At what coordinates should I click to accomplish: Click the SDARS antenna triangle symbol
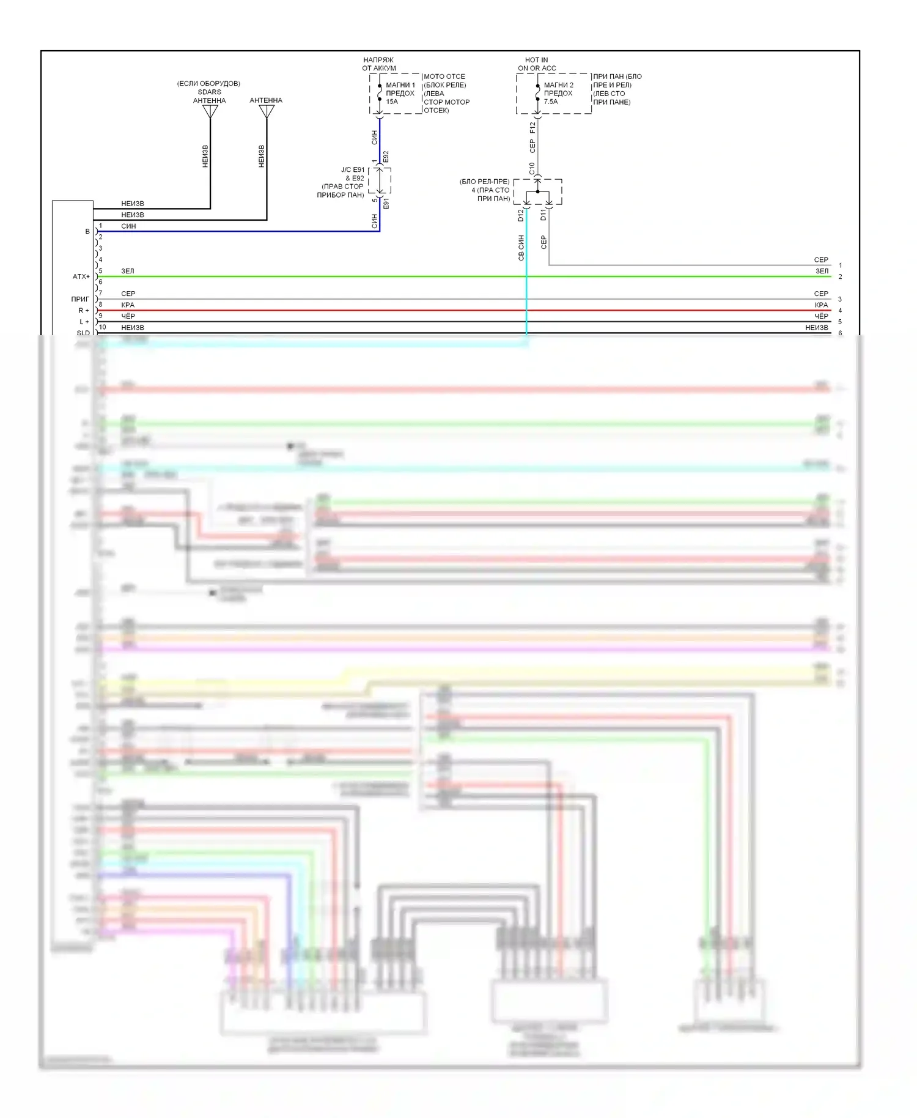tap(210, 111)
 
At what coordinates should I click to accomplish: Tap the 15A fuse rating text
tap(392, 102)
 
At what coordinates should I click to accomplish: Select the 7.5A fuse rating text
tap(551, 102)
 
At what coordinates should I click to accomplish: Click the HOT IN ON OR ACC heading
tap(537, 64)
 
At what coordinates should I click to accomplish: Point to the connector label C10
tap(532, 168)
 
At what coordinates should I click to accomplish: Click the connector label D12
tap(521, 215)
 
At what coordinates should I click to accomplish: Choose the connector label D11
tap(543, 215)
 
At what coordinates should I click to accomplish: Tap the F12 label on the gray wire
tap(532, 127)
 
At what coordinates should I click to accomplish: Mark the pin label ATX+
tap(81, 277)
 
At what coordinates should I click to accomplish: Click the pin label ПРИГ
tap(80, 300)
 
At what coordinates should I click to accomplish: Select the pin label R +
tap(84, 311)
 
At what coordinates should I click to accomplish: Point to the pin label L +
tap(84, 322)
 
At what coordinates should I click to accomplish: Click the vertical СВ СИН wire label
tap(521, 248)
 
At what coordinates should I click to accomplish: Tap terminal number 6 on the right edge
tap(840, 333)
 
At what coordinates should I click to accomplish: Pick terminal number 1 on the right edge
tap(840, 265)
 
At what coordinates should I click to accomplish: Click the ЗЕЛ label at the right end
tap(822, 272)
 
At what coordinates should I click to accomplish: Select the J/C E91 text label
tap(353, 170)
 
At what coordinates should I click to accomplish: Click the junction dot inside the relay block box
tap(538, 191)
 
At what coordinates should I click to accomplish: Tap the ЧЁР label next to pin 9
tap(128, 317)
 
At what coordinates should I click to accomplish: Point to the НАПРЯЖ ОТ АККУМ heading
tap(379, 64)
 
